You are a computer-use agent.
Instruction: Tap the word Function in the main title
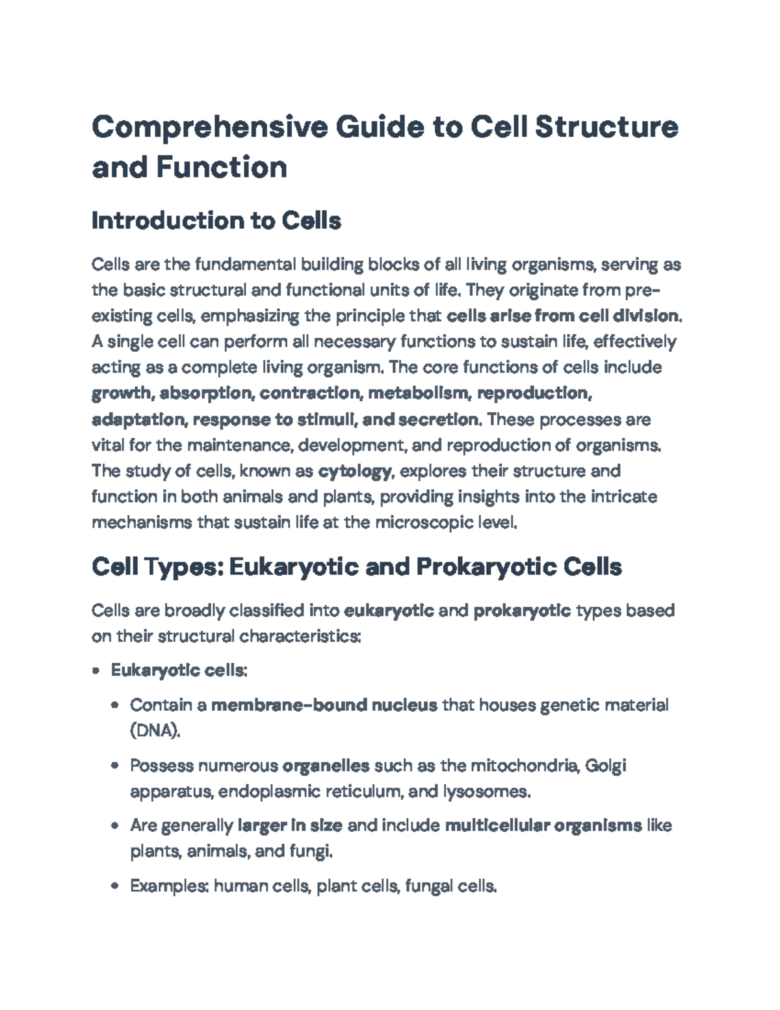221,167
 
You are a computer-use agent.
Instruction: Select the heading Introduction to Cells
216,221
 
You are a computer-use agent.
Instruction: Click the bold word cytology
355,471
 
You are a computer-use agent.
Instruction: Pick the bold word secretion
438,419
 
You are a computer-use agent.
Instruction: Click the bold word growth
122,393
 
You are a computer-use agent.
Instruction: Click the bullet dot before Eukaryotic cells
97,671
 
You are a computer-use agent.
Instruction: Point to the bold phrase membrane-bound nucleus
324,705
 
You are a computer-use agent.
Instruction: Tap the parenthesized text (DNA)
155,731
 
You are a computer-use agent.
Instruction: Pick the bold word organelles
326,765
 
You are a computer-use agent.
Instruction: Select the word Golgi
606,765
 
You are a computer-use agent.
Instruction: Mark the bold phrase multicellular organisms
543,825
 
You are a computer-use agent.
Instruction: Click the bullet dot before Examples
116,886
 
